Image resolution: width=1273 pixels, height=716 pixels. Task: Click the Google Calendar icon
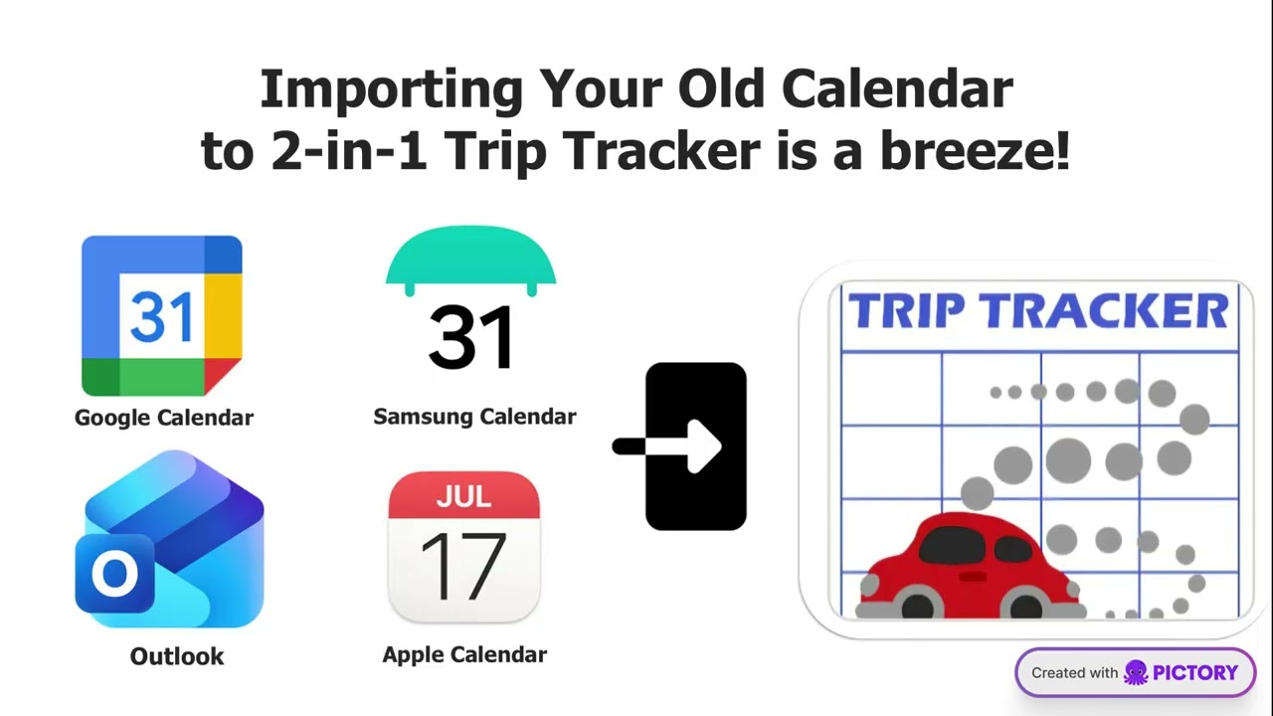pyautogui.click(x=161, y=316)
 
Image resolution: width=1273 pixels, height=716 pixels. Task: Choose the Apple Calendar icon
pyautogui.click(x=463, y=548)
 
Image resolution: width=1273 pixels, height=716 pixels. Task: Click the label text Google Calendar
pyautogui.click(x=164, y=418)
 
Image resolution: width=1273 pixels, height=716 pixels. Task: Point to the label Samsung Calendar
pyautogui.click(x=474, y=417)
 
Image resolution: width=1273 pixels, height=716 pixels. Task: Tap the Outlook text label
pyautogui.click(x=177, y=656)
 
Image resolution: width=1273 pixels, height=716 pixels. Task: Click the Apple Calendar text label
pyautogui.click(x=464, y=654)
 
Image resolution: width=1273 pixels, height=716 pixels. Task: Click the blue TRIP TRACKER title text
pyautogui.click(x=1037, y=312)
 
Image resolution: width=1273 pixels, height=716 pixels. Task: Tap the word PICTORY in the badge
pyautogui.click(x=1195, y=673)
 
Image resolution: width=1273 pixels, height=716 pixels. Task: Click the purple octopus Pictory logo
pyautogui.click(x=1136, y=673)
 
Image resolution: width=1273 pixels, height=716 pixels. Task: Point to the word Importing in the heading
pyautogui.click(x=391, y=90)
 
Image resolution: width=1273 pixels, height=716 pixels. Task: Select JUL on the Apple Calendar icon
pyautogui.click(x=463, y=496)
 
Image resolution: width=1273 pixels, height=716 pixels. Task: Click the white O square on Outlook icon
pyautogui.click(x=114, y=574)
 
